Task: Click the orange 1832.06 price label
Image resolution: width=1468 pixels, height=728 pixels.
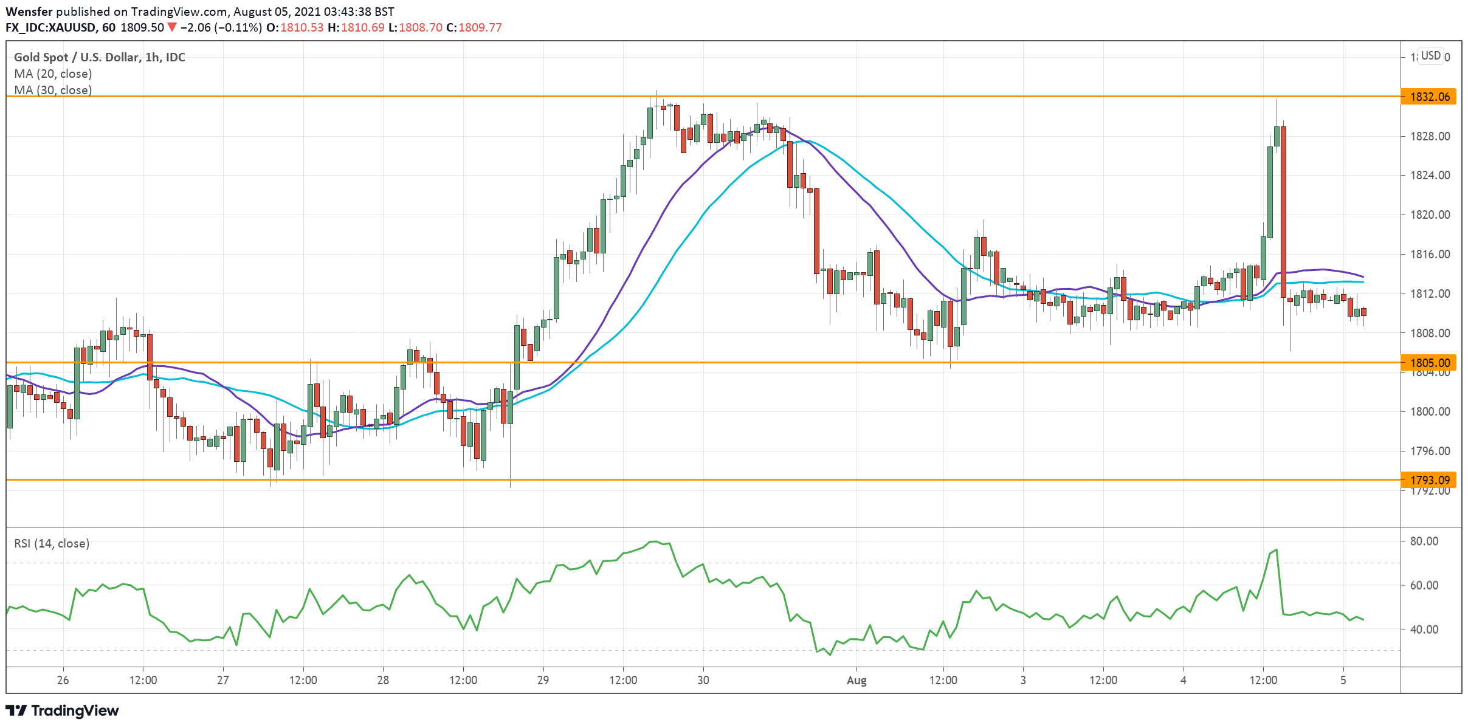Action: [x=1429, y=97]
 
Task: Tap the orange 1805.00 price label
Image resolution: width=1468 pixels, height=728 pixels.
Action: [x=1429, y=363]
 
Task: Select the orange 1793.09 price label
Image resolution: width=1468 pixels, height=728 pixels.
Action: [x=1429, y=480]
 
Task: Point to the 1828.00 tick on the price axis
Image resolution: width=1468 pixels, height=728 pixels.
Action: [x=1430, y=136]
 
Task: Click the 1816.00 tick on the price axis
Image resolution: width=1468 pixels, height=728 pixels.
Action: [x=1430, y=254]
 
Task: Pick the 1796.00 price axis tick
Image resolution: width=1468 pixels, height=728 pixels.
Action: [x=1430, y=451]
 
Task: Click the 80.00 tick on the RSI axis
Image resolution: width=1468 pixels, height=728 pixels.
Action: [x=1424, y=541]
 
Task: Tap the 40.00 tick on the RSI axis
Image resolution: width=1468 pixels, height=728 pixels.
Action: [x=1424, y=630]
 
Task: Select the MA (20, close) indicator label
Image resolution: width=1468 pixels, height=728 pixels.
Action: [x=53, y=74]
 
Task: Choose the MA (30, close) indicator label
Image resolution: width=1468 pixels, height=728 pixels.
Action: [x=53, y=90]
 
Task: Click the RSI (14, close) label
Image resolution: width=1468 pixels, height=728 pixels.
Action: [x=52, y=543]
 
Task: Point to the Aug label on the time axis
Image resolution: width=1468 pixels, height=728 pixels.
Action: [x=856, y=680]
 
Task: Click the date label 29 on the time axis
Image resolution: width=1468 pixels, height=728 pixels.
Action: [x=543, y=680]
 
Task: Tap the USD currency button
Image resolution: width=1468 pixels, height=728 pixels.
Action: [x=1430, y=56]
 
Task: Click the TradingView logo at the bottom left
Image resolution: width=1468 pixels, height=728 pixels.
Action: [x=62, y=710]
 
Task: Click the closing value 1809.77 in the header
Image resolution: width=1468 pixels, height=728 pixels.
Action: [x=480, y=27]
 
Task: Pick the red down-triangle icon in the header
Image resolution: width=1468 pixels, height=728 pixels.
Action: [x=172, y=27]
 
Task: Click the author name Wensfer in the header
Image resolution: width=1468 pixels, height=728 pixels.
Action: [x=29, y=12]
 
